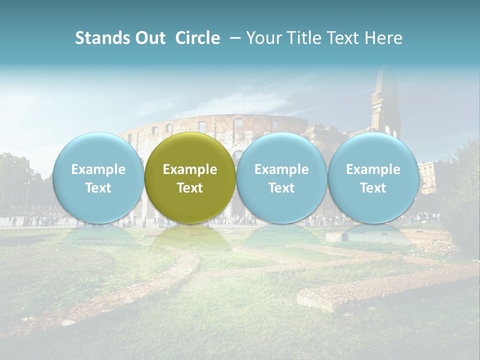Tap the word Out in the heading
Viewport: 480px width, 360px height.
pos(145,38)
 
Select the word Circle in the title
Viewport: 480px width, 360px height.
pos(197,38)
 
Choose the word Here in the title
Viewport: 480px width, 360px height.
pos(384,38)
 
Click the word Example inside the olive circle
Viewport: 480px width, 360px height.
pos(190,169)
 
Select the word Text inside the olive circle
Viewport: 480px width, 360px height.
pos(190,188)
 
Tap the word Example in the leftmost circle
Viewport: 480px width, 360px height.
pos(98,169)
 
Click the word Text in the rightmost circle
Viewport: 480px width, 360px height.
pos(373,188)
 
